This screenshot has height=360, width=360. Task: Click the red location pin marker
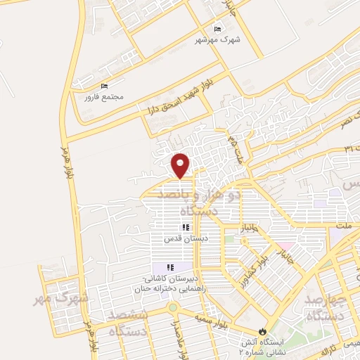point(181,165)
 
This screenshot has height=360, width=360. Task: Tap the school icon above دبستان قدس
point(186,227)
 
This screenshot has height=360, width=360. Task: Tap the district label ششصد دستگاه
point(128,323)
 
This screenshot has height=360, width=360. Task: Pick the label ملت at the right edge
point(345,227)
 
